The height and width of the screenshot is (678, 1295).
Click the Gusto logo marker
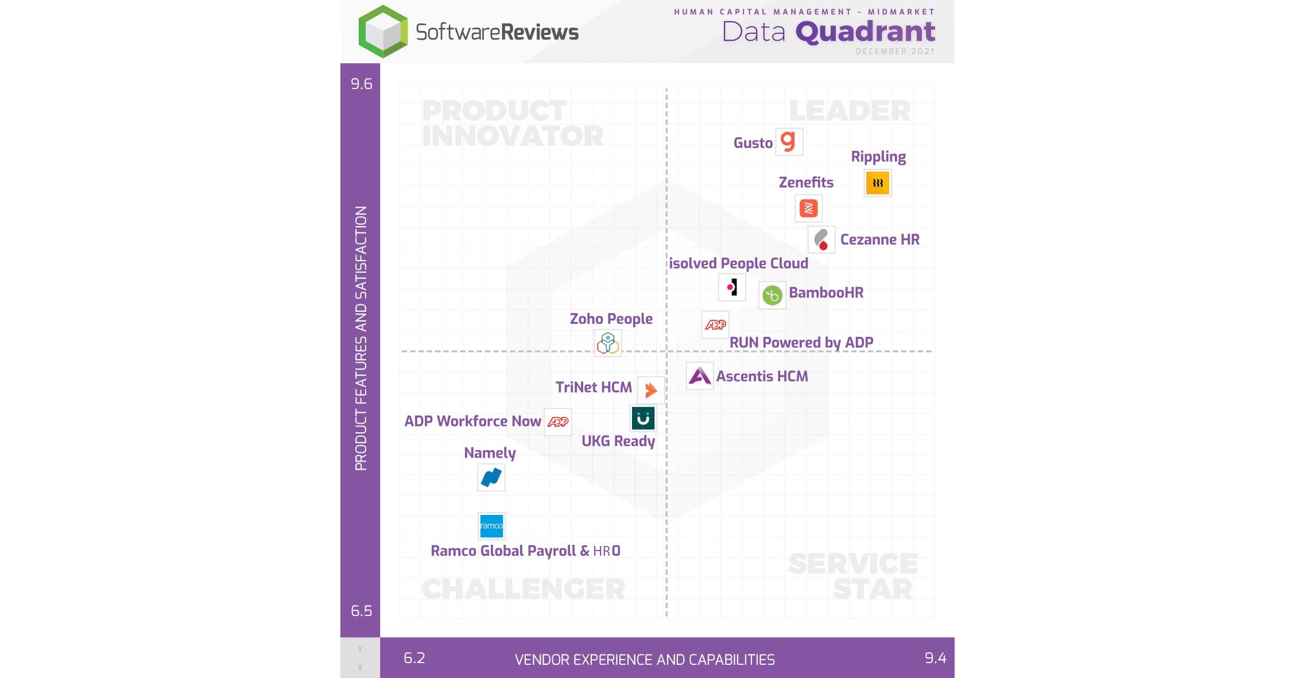point(789,141)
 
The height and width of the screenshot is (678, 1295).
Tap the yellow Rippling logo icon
point(877,183)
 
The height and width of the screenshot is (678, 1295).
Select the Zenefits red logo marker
point(808,208)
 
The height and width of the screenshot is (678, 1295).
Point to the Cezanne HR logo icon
point(821,239)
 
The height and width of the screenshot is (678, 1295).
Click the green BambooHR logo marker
point(772,295)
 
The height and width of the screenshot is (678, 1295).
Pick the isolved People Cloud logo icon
point(732,287)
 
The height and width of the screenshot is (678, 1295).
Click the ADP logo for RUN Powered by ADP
point(715,325)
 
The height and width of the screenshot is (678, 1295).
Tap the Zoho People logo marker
point(607,343)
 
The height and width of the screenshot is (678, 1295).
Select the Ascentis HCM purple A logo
point(700,376)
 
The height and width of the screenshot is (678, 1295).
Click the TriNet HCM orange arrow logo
point(650,390)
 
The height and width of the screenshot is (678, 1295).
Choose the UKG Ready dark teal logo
point(643,419)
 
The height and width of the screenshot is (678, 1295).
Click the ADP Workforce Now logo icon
point(557,422)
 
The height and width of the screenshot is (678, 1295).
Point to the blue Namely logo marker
point(491,477)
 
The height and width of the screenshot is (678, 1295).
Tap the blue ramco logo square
point(491,526)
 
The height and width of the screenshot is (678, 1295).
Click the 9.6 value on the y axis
point(361,84)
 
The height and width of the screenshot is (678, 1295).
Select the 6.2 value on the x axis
point(414,658)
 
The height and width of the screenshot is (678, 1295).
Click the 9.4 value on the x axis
point(935,658)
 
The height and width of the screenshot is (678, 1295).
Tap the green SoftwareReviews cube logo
point(383,32)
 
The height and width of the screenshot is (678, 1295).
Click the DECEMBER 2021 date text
point(895,52)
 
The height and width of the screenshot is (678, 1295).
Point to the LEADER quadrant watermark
point(850,111)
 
